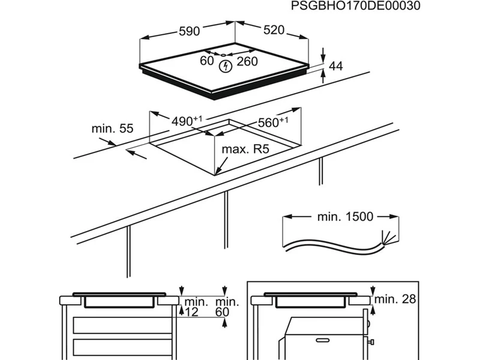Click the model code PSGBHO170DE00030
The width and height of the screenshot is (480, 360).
pos(355,6)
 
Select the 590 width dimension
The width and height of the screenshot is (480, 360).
pos(188,32)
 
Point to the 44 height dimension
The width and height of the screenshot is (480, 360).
pos(336,67)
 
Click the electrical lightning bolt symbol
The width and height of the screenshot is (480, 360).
pos(225,66)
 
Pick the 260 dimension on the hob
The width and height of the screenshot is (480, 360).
pos(247,61)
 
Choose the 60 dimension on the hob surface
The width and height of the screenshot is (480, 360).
pos(207,61)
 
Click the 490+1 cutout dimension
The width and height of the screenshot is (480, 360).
pos(187,121)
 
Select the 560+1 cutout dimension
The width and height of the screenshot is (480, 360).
pos(272,122)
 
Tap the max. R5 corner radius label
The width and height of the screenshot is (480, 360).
pos(245,149)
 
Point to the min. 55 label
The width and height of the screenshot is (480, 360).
pos(112,128)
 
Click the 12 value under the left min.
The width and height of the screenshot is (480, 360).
pos(191,311)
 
